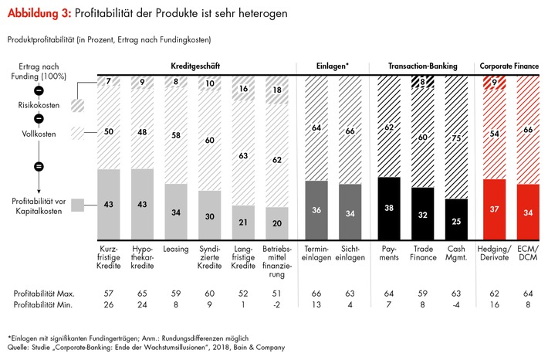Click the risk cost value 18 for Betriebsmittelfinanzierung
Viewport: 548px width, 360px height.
(276, 90)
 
